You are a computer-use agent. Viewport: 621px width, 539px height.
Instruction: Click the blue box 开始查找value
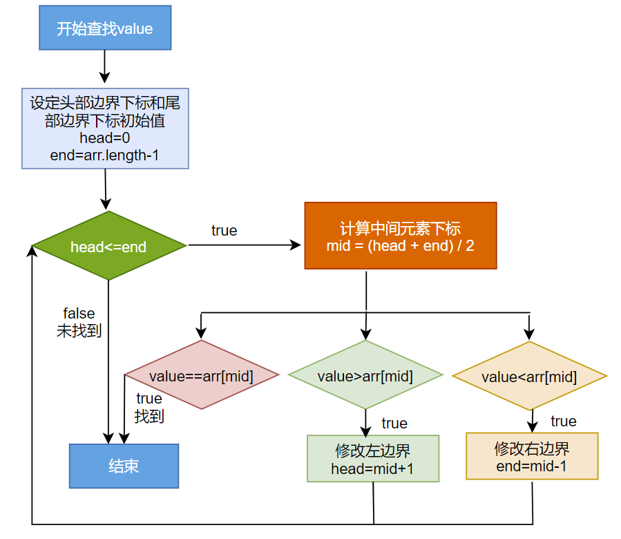click(x=104, y=29)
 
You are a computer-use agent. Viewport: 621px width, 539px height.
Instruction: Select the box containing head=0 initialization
click(x=105, y=129)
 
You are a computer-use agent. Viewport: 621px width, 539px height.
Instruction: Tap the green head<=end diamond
click(x=109, y=246)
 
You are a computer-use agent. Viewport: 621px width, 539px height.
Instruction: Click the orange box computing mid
click(x=400, y=236)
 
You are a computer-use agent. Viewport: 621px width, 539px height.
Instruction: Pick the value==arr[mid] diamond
click(x=201, y=375)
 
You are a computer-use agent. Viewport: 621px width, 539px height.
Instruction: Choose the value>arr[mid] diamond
click(x=365, y=375)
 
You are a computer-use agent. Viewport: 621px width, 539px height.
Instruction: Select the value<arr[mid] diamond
click(x=529, y=376)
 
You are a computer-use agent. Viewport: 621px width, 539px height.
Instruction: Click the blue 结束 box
click(x=124, y=466)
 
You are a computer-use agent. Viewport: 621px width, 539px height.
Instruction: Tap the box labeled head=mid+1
click(x=372, y=458)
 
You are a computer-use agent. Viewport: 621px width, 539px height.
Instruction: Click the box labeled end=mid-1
click(x=531, y=456)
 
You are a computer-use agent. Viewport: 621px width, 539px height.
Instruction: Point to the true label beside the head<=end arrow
click(x=224, y=231)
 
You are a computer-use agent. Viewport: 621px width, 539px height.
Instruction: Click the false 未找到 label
click(x=79, y=323)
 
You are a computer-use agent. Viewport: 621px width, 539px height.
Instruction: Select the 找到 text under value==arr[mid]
click(x=149, y=416)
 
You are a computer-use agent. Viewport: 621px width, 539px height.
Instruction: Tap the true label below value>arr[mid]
click(x=394, y=423)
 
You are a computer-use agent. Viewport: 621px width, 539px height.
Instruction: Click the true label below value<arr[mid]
click(x=563, y=421)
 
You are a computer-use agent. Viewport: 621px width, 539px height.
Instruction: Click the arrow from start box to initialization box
click(x=104, y=66)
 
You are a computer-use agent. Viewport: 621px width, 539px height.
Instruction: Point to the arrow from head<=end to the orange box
click(x=245, y=245)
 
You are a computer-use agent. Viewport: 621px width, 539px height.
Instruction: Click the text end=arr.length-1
click(x=105, y=155)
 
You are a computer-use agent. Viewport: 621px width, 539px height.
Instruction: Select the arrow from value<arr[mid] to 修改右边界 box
click(x=532, y=420)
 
